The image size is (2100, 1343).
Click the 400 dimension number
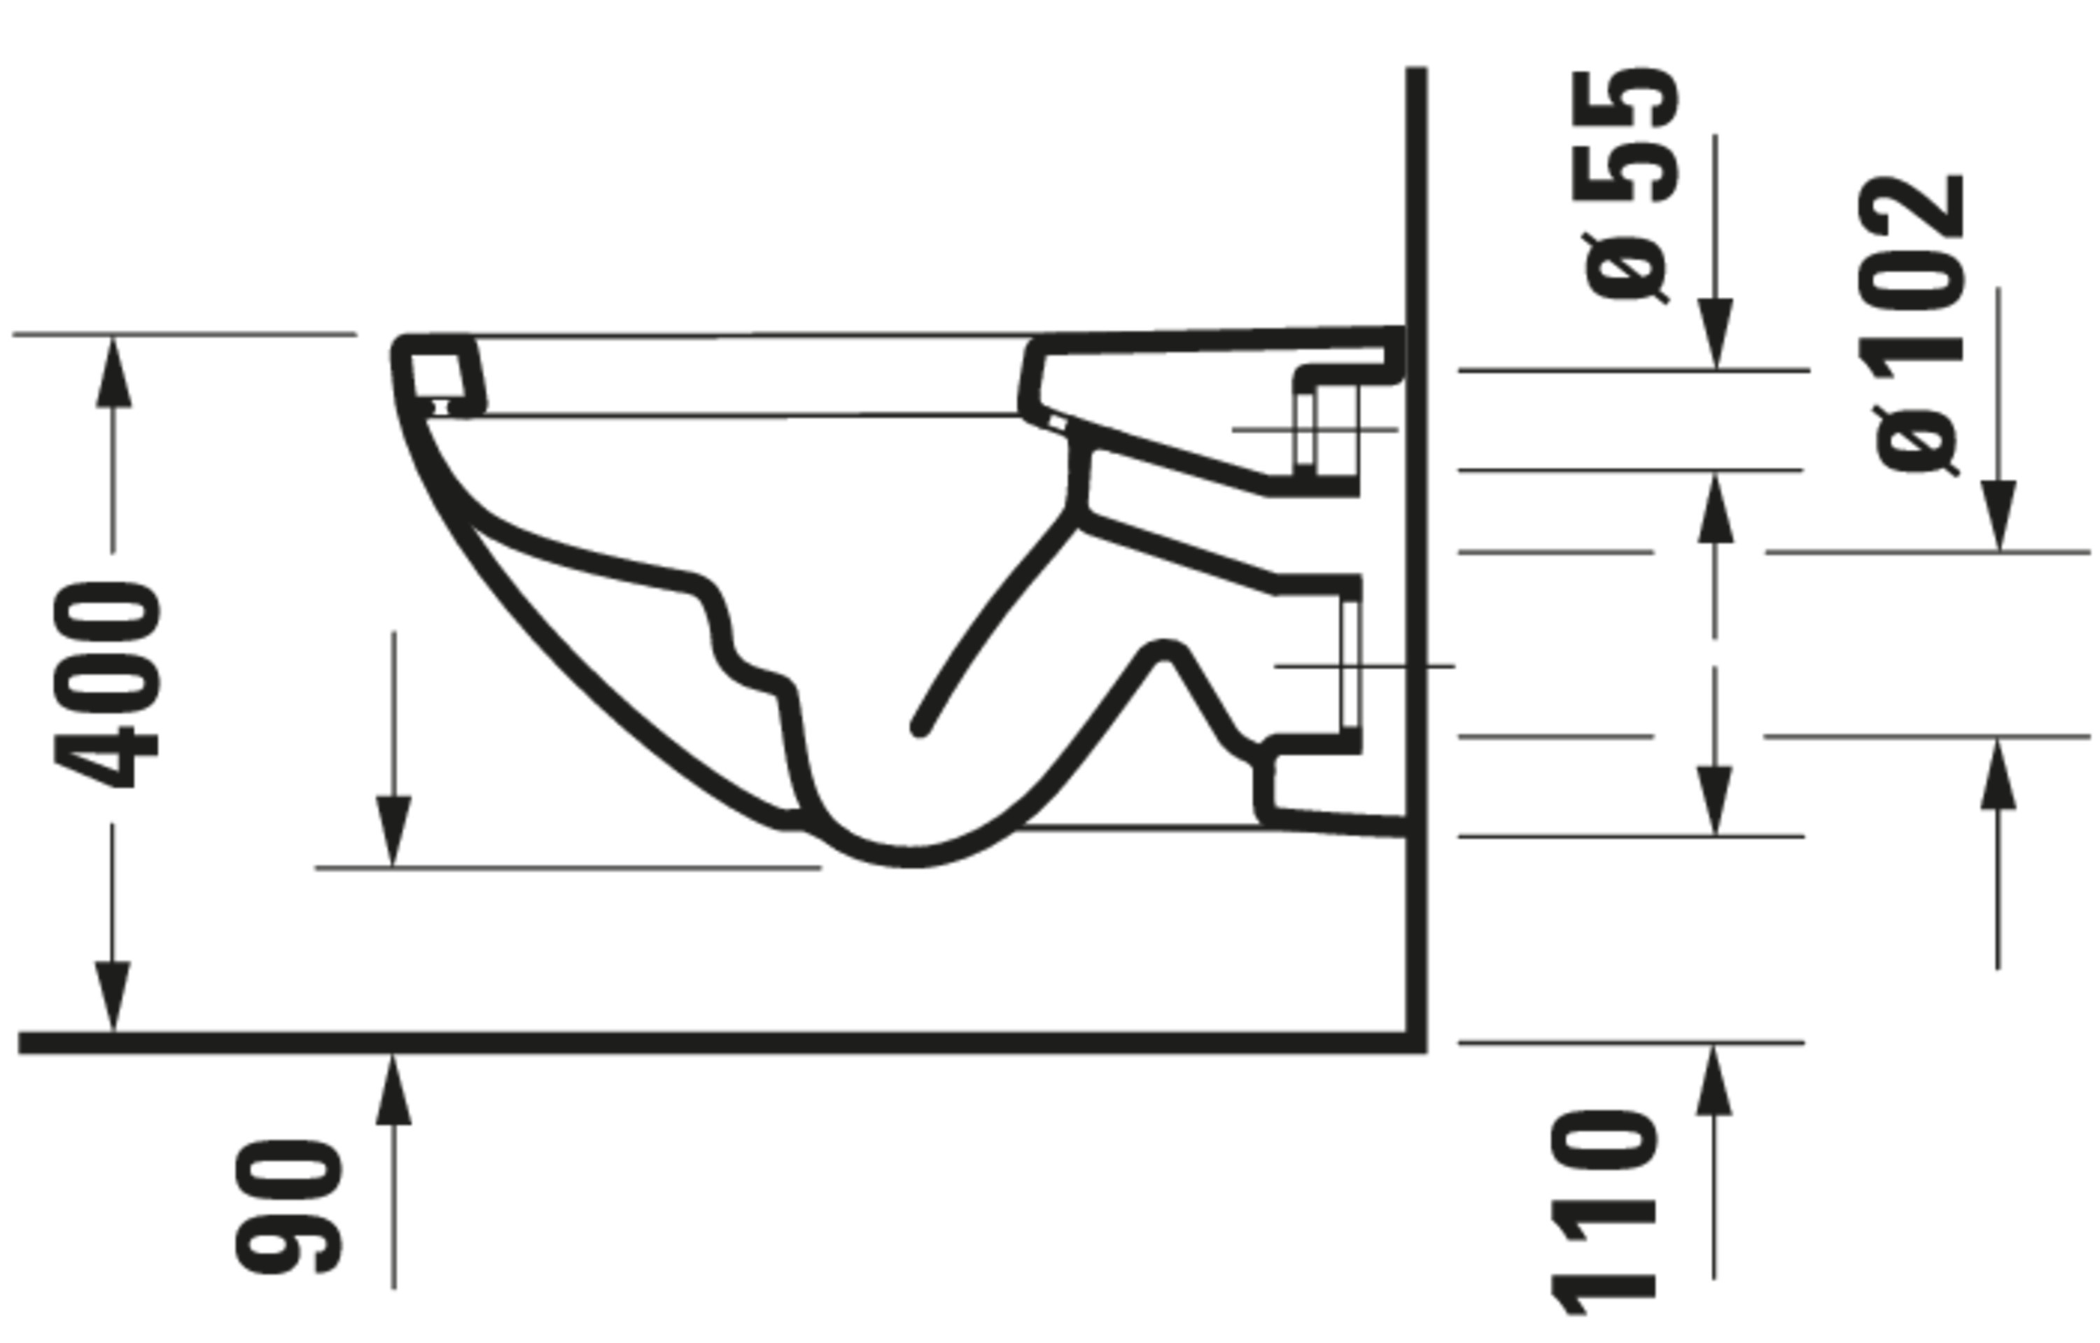[x=106, y=686]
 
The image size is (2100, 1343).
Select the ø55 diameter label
[x=1627, y=185]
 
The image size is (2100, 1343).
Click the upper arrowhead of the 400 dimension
[x=113, y=373]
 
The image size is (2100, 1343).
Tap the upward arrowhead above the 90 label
[x=393, y=1090]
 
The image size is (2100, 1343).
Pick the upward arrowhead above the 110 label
[x=1714, y=1081]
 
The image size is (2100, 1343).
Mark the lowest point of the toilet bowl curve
[x=909, y=857]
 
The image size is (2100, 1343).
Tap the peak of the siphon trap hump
[x=1163, y=650]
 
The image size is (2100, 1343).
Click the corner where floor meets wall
[x=1415, y=1042]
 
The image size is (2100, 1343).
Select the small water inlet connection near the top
[x=1326, y=429]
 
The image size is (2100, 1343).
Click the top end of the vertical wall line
[x=1416, y=70]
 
